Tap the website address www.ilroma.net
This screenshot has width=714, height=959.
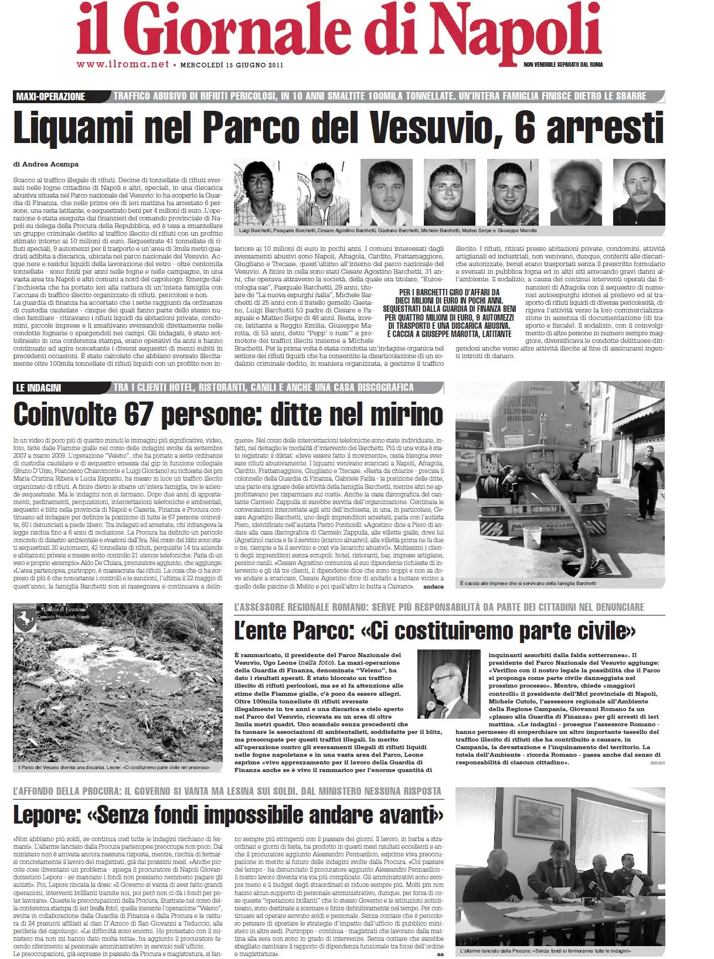point(123,64)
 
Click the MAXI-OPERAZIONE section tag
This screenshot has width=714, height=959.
point(50,96)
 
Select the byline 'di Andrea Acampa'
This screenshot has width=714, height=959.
point(46,164)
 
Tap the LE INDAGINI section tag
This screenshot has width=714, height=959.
point(39,387)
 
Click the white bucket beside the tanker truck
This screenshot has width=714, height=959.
point(532,535)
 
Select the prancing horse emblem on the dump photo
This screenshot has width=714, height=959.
point(25,619)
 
